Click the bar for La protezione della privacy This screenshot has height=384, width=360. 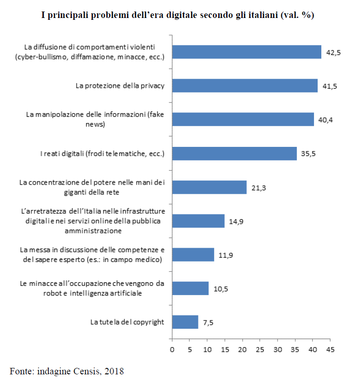244,86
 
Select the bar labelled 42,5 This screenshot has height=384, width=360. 246,52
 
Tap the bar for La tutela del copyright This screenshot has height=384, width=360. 185,322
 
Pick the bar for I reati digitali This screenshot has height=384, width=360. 234,153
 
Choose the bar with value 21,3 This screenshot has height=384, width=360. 209,187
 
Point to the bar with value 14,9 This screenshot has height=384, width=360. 198,221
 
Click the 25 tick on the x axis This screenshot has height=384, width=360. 260,350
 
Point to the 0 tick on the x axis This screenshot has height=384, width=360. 172,350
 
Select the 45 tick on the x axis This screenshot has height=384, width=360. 330,350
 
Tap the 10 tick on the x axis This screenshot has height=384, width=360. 207,350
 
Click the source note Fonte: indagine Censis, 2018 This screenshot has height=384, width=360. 67,371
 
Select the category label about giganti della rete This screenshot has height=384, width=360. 92,187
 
